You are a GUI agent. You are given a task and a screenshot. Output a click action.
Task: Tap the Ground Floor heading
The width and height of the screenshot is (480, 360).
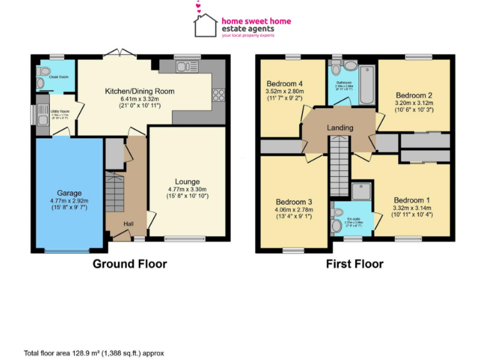tap(130, 264)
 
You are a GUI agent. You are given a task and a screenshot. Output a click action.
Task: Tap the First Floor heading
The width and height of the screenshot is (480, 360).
tap(354, 264)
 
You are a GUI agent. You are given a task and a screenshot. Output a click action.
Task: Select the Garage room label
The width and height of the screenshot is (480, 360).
tap(69, 193)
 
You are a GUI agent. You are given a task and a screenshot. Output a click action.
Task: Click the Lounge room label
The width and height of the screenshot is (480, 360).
tap(187, 182)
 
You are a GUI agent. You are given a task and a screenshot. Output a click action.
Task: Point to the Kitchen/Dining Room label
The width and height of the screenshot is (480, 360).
tap(139, 91)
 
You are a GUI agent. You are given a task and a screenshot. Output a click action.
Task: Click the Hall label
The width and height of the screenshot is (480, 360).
tap(128, 224)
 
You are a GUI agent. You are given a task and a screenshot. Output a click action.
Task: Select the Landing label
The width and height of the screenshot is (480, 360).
tap(340, 127)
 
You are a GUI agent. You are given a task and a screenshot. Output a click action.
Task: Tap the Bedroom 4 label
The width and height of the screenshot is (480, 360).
tap(284, 84)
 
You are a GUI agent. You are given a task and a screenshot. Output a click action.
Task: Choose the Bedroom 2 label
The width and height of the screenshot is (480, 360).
tap(413, 95)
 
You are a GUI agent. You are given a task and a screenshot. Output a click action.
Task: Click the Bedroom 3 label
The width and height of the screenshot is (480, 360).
tap(294, 202)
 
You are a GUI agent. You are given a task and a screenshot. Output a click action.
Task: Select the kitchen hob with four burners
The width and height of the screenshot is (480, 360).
tap(219, 95)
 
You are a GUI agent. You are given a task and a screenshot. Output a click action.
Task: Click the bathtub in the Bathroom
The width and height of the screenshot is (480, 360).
tap(366, 84)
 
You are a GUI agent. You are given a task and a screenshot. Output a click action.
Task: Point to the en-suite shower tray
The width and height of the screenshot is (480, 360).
tap(361, 190)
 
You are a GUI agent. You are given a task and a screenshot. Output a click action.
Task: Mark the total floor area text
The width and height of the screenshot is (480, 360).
tap(94, 353)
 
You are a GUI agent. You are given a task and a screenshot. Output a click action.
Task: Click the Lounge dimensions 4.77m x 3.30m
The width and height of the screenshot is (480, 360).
tap(187, 189)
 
